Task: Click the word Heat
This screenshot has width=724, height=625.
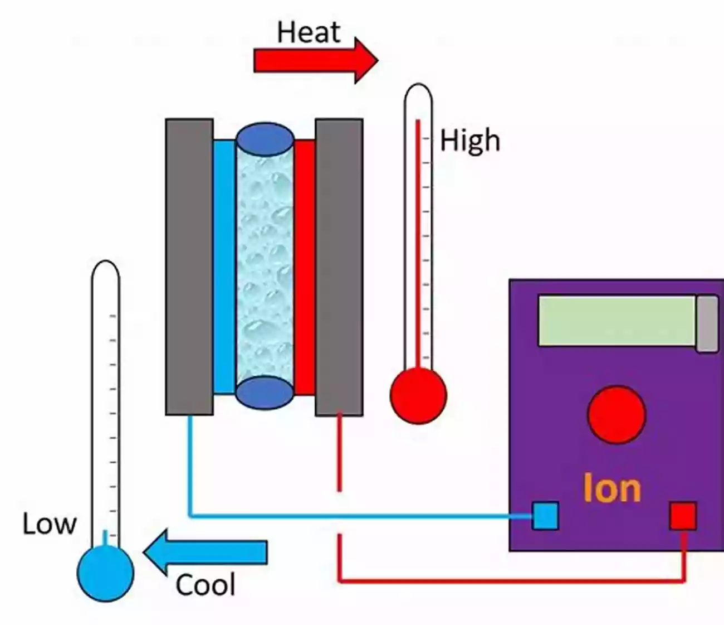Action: [x=309, y=32]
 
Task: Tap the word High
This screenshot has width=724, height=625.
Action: [x=470, y=140]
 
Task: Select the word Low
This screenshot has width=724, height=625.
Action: [x=49, y=524]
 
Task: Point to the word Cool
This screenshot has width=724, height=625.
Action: [x=206, y=585]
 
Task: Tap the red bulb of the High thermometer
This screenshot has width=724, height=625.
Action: [x=418, y=395]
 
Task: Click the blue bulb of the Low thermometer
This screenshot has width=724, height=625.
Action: [x=105, y=573]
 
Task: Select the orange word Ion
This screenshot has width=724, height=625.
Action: [x=612, y=489]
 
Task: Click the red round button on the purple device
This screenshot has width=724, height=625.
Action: [x=617, y=415]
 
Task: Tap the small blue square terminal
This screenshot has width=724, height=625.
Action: [x=545, y=516]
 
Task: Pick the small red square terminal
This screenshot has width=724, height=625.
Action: [x=683, y=516]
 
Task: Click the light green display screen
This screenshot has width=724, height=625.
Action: [x=617, y=321]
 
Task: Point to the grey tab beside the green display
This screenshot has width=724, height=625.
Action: [x=707, y=323]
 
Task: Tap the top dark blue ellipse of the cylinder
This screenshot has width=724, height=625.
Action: [x=265, y=139]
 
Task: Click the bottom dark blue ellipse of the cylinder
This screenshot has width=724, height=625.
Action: [x=265, y=393]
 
